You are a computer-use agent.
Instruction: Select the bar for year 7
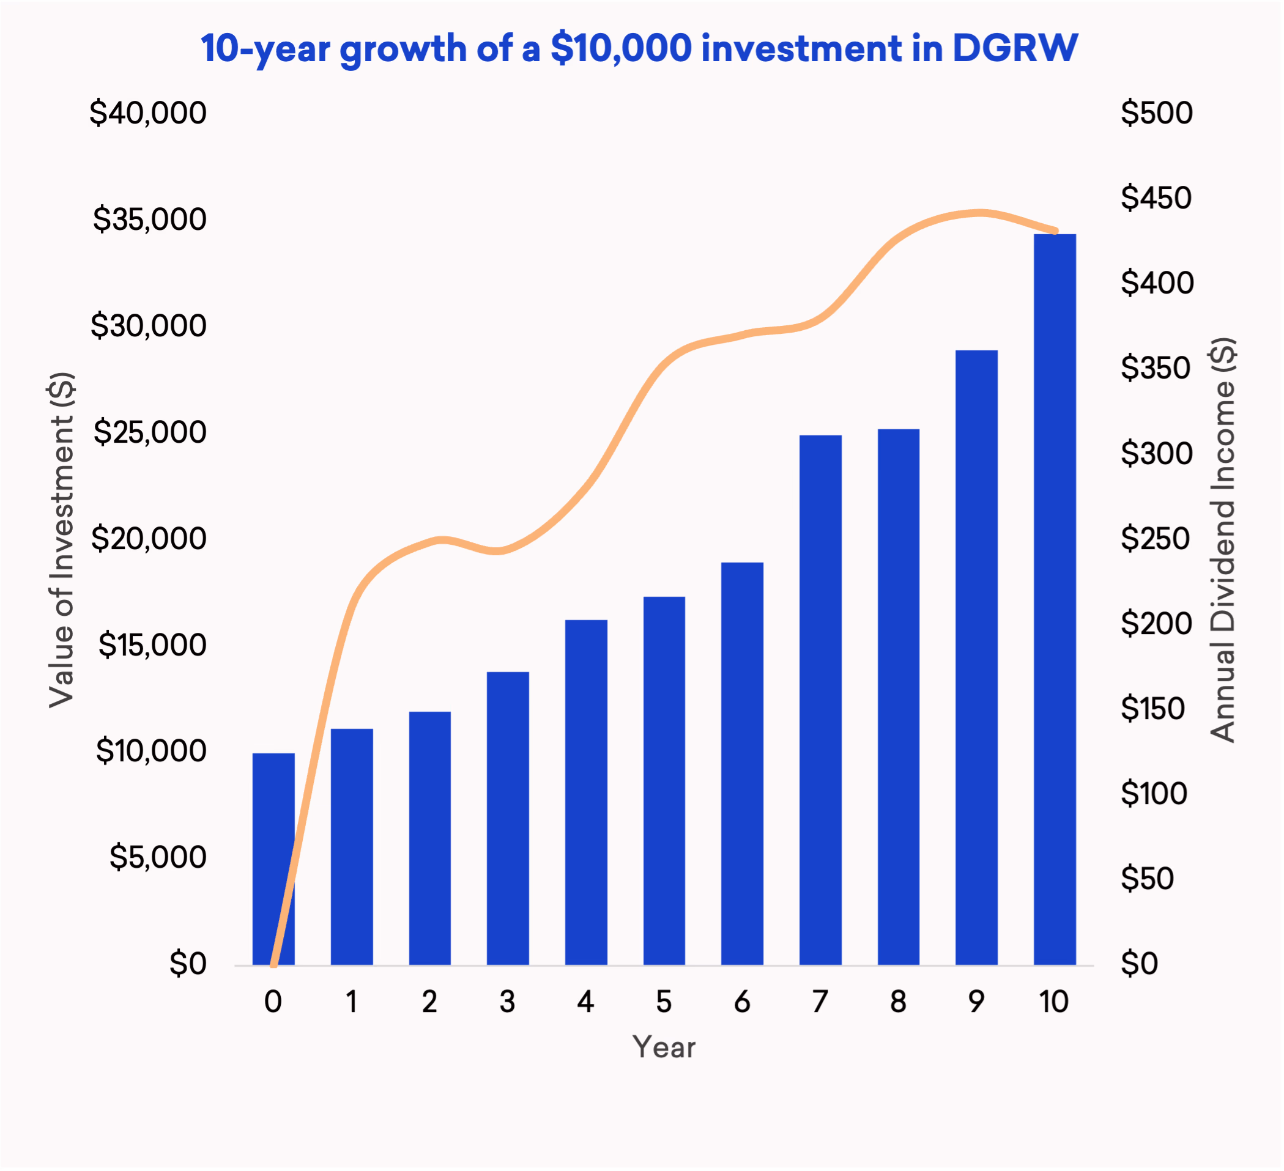click(x=820, y=700)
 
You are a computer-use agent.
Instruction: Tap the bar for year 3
click(x=508, y=819)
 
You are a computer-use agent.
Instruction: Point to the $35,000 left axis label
click(x=150, y=219)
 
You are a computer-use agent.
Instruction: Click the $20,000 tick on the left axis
click(x=149, y=539)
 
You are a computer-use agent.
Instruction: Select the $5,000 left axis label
click(x=158, y=857)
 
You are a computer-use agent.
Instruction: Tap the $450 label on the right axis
click(x=1156, y=198)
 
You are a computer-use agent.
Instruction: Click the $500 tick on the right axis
click(x=1157, y=113)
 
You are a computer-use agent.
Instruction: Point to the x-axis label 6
click(x=742, y=1002)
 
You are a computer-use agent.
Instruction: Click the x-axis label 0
click(x=273, y=1002)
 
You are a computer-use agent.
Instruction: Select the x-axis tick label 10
click(x=1054, y=1002)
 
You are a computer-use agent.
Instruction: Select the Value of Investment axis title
click(x=62, y=540)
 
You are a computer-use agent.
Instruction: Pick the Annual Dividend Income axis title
click(x=1222, y=540)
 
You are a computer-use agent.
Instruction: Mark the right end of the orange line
click(x=1056, y=231)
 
